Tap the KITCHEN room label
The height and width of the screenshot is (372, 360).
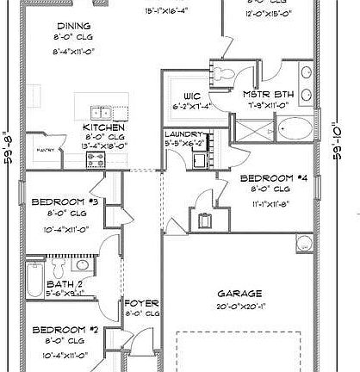point(97,126)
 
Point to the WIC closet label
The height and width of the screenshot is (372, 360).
point(191,96)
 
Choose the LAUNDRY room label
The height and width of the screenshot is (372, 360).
point(183,135)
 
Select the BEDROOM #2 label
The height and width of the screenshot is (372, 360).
point(61,330)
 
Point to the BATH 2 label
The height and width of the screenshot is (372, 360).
point(63,282)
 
